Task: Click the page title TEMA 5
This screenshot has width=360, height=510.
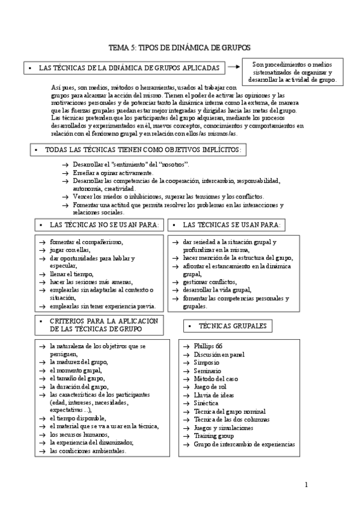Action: tap(180, 48)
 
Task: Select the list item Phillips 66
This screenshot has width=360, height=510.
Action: tap(207, 347)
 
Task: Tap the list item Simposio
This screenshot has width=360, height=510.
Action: tap(207, 363)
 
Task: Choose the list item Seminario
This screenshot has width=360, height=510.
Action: tap(207, 371)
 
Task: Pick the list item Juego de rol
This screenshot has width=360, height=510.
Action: tap(209, 387)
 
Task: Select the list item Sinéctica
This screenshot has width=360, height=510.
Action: tap(207, 404)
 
